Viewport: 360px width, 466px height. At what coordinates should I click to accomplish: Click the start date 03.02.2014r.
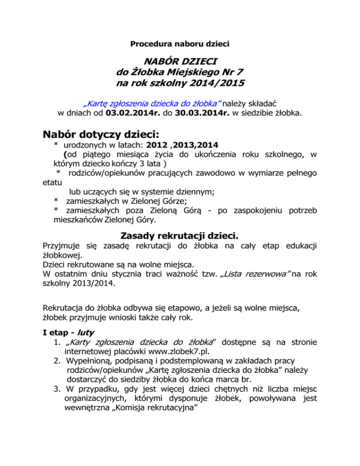(133, 113)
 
